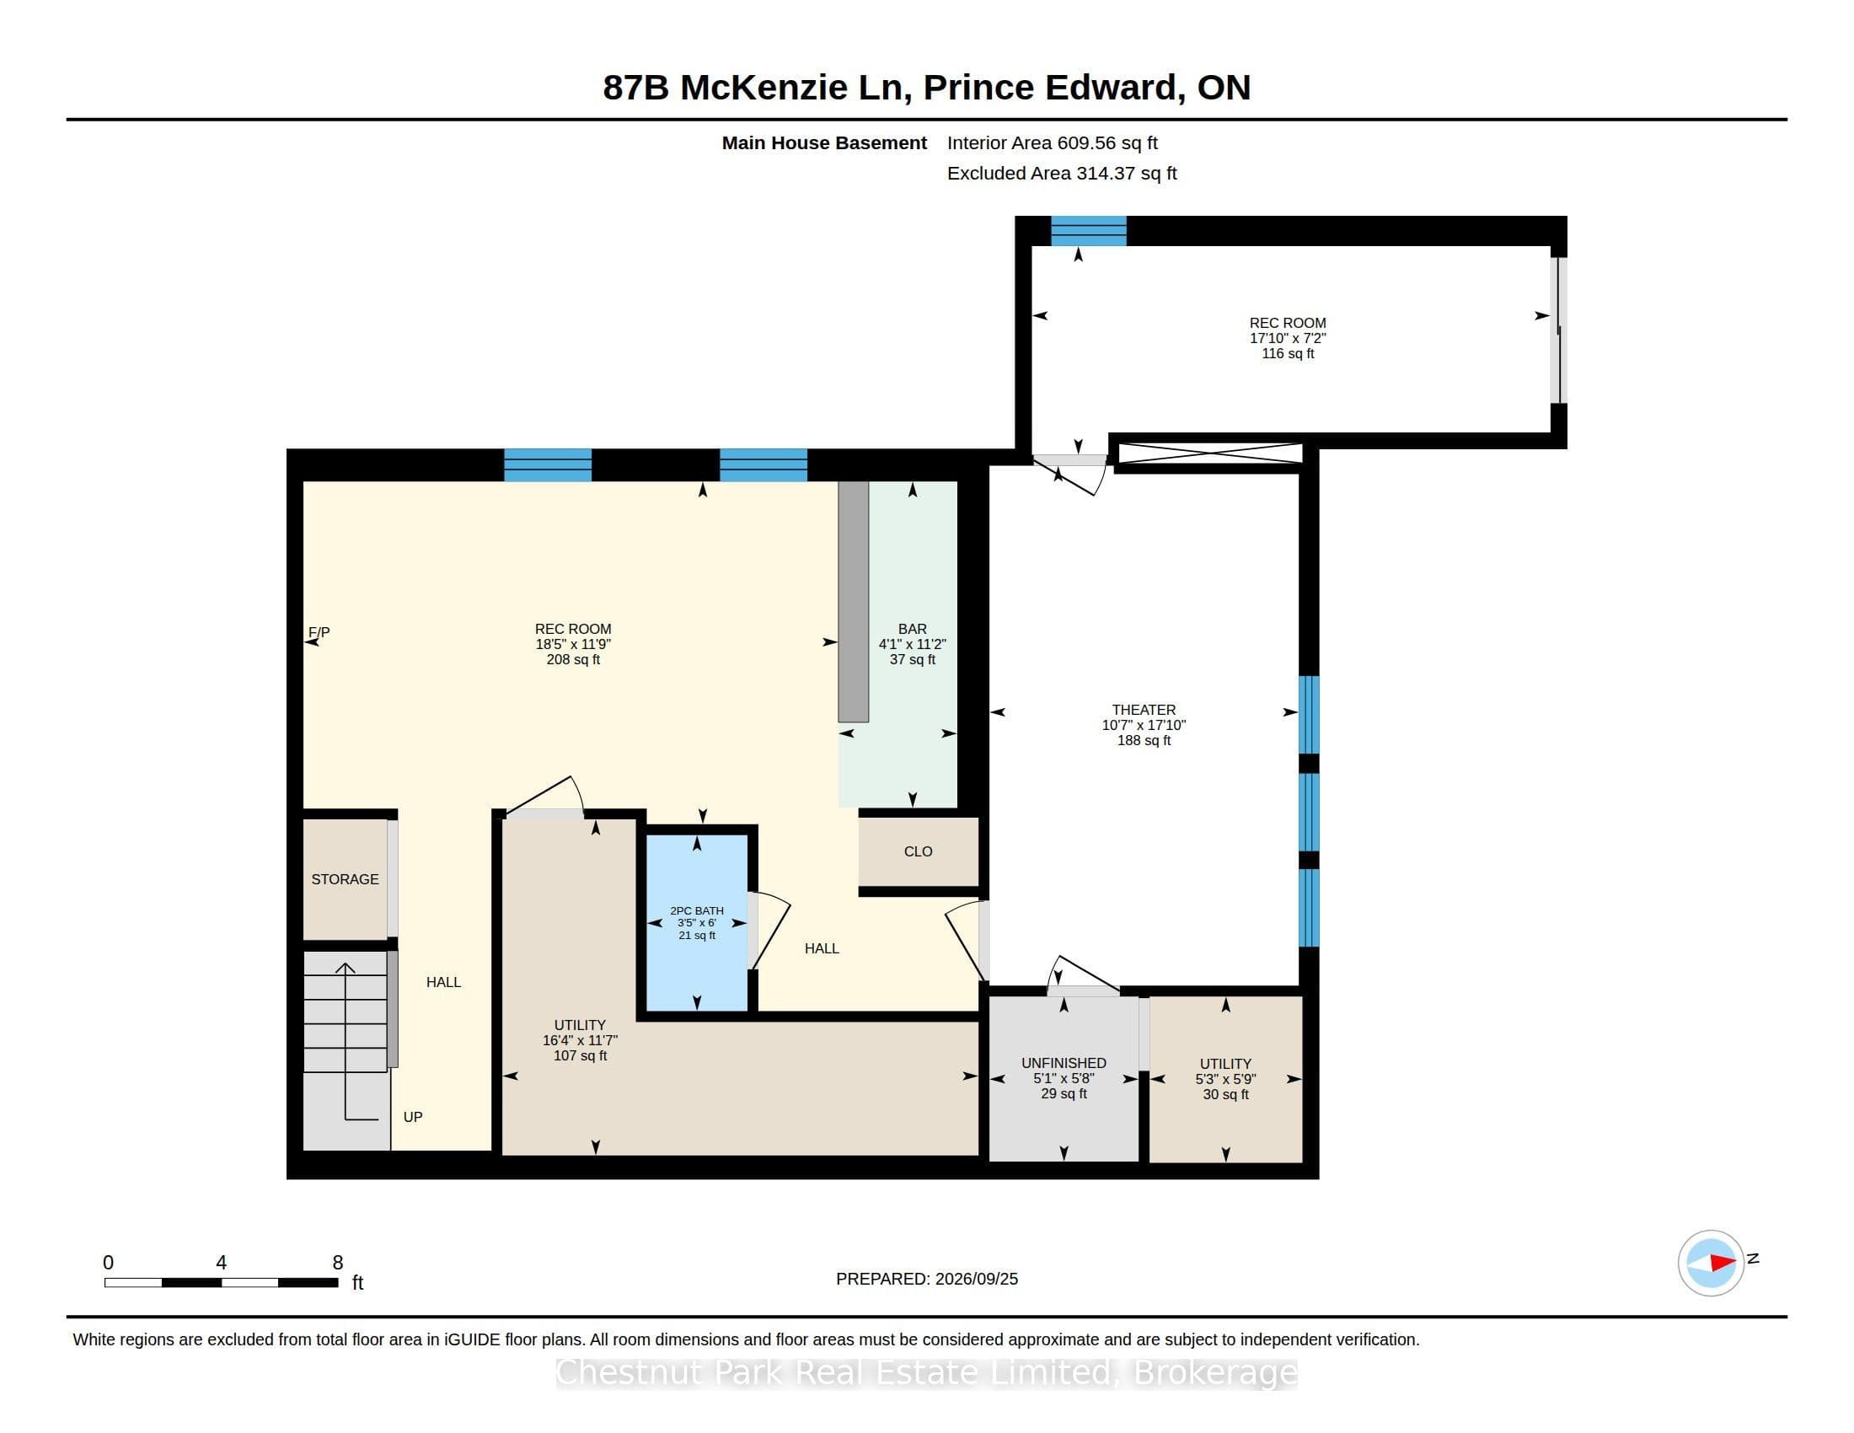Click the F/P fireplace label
(319, 632)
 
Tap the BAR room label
(913, 629)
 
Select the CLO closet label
(919, 851)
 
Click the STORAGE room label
(345, 879)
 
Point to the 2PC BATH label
(697, 911)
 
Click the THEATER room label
(1144, 710)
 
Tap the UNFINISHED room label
(1064, 1063)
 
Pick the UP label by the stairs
(413, 1117)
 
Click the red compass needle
(1723, 1263)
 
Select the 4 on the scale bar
(222, 1263)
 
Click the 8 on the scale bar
(338, 1263)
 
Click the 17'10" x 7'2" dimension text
(1288, 338)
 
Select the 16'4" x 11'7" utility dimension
(580, 1040)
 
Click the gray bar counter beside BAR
(853, 601)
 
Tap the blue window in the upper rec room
(1088, 231)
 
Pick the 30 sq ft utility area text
(1226, 1094)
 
